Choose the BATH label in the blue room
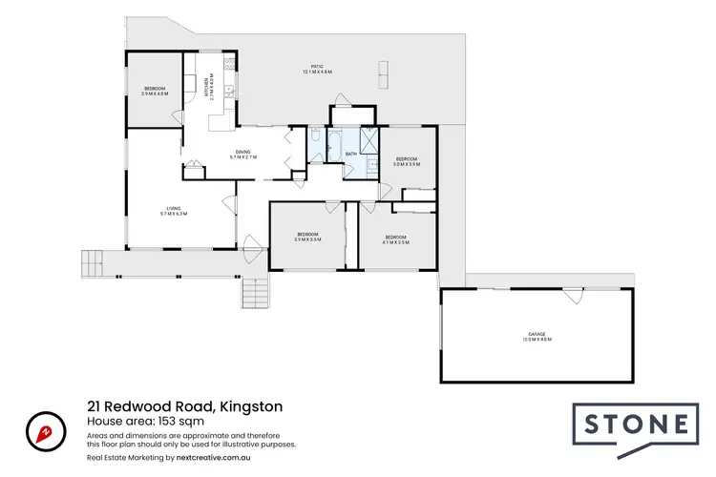click(x=350, y=154)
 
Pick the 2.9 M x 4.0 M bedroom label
click(x=154, y=91)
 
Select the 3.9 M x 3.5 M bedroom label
click(x=306, y=237)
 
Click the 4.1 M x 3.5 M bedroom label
click(x=396, y=238)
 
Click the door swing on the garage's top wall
click(x=572, y=298)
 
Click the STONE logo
click(x=632, y=425)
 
